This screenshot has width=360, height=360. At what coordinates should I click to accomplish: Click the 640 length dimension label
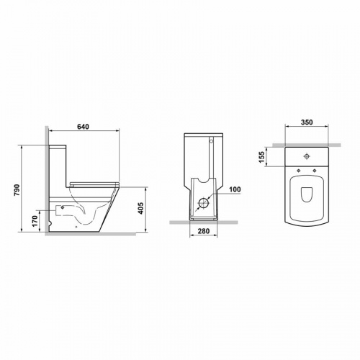(x=83, y=127)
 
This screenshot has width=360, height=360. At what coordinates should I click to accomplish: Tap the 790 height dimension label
(x=17, y=189)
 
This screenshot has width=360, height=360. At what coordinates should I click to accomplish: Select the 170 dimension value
(x=35, y=221)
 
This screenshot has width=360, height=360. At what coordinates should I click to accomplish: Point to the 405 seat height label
(x=141, y=208)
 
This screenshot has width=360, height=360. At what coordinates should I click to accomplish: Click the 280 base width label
(x=204, y=231)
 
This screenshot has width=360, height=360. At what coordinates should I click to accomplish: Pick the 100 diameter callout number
(x=235, y=189)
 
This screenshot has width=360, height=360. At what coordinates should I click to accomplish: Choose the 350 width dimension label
(x=307, y=122)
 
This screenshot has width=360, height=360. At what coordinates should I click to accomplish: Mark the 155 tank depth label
(x=261, y=157)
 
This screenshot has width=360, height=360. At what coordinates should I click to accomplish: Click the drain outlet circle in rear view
(x=203, y=204)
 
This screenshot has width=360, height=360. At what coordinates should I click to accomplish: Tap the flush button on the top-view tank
(x=307, y=156)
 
